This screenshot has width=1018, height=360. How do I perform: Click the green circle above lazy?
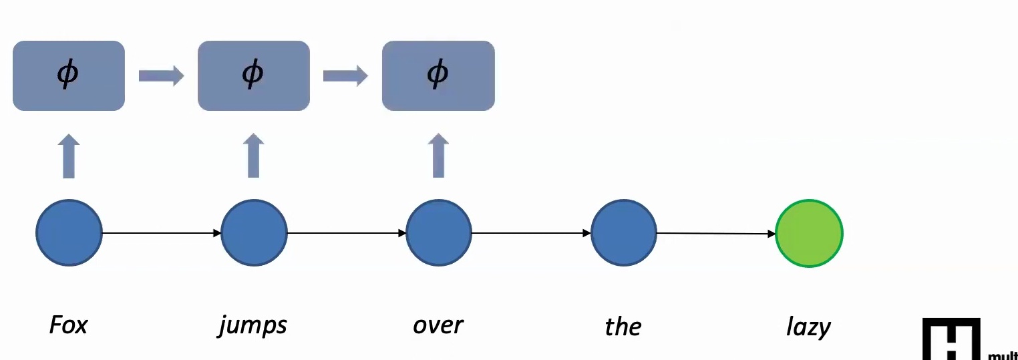click(x=809, y=234)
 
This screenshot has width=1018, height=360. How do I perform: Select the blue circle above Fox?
click(x=69, y=233)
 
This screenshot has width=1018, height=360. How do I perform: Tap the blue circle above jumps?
click(x=254, y=233)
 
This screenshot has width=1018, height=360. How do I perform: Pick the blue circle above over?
click(x=439, y=233)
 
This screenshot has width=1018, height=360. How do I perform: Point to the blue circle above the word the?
click(x=624, y=233)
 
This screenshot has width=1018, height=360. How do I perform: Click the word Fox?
click(x=69, y=325)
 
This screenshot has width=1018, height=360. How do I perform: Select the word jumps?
click(x=252, y=326)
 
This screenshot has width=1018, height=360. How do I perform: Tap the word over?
click(x=438, y=325)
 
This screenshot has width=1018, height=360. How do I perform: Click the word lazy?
click(x=808, y=327)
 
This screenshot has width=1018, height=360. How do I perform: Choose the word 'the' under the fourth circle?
click(x=623, y=327)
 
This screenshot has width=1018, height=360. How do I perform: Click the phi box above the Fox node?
click(x=69, y=75)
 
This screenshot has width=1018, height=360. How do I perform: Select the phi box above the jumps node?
click(x=254, y=75)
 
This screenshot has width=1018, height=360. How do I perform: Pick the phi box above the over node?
click(x=438, y=75)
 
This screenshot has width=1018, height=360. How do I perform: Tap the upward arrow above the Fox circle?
click(x=69, y=156)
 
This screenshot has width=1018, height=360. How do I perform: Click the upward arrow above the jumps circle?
click(x=254, y=156)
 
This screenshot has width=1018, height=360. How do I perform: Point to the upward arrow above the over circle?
click(x=438, y=156)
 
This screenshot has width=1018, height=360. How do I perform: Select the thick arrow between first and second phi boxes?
click(x=161, y=75)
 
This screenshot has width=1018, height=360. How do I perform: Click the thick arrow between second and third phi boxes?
click(x=345, y=75)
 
